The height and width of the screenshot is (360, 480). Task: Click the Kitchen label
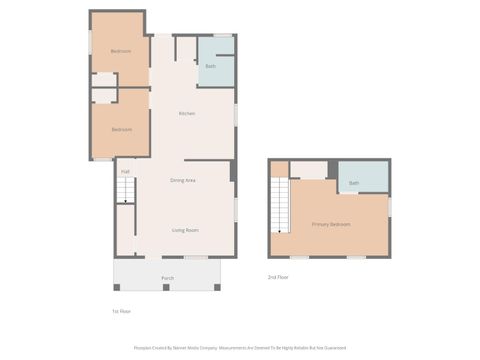(x=187, y=114)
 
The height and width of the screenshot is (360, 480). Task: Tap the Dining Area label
(x=182, y=180)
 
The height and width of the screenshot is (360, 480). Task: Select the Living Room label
(x=185, y=230)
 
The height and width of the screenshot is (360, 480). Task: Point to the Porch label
(x=167, y=278)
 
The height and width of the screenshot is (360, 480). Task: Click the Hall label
(x=125, y=172)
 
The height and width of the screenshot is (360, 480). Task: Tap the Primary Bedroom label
(x=330, y=224)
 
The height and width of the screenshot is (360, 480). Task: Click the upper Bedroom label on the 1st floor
(x=121, y=51)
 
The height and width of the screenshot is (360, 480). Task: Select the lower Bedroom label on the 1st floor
(x=121, y=130)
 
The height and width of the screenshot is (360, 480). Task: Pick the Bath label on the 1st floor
(x=210, y=66)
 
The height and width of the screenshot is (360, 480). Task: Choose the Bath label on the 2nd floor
(x=354, y=183)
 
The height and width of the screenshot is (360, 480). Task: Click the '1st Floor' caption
(x=121, y=311)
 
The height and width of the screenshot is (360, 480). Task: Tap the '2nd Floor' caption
(x=279, y=276)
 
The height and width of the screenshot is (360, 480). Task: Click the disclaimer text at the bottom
(x=240, y=348)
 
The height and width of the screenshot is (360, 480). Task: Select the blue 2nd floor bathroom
(x=362, y=176)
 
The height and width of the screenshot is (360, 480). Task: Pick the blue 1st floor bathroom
(x=216, y=62)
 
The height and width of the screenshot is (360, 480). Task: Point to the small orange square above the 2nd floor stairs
(x=279, y=169)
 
